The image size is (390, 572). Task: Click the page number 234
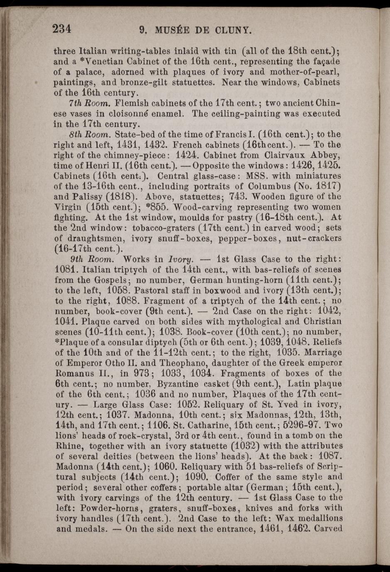62,29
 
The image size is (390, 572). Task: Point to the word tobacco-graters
163,228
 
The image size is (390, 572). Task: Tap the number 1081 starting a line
65,270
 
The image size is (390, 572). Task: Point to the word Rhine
66,446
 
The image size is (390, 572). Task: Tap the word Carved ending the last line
329,529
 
